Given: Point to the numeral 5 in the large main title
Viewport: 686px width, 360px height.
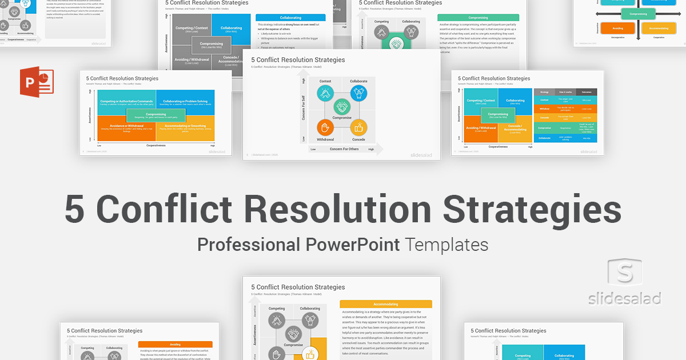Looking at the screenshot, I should (75, 209).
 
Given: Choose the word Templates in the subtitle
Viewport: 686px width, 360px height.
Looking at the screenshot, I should (446, 245).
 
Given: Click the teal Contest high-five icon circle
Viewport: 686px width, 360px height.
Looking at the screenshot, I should (325, 93).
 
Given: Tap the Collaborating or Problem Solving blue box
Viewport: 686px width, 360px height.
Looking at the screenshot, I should (185, 102).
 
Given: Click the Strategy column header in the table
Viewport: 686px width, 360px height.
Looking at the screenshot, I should (544, 92).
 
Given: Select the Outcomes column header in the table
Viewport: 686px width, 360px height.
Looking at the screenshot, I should (587, 92).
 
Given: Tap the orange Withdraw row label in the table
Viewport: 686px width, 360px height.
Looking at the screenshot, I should (544, 108).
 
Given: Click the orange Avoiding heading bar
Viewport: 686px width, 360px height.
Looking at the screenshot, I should (175, 345).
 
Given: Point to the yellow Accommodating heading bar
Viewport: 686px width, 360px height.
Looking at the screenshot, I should (385, 305).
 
